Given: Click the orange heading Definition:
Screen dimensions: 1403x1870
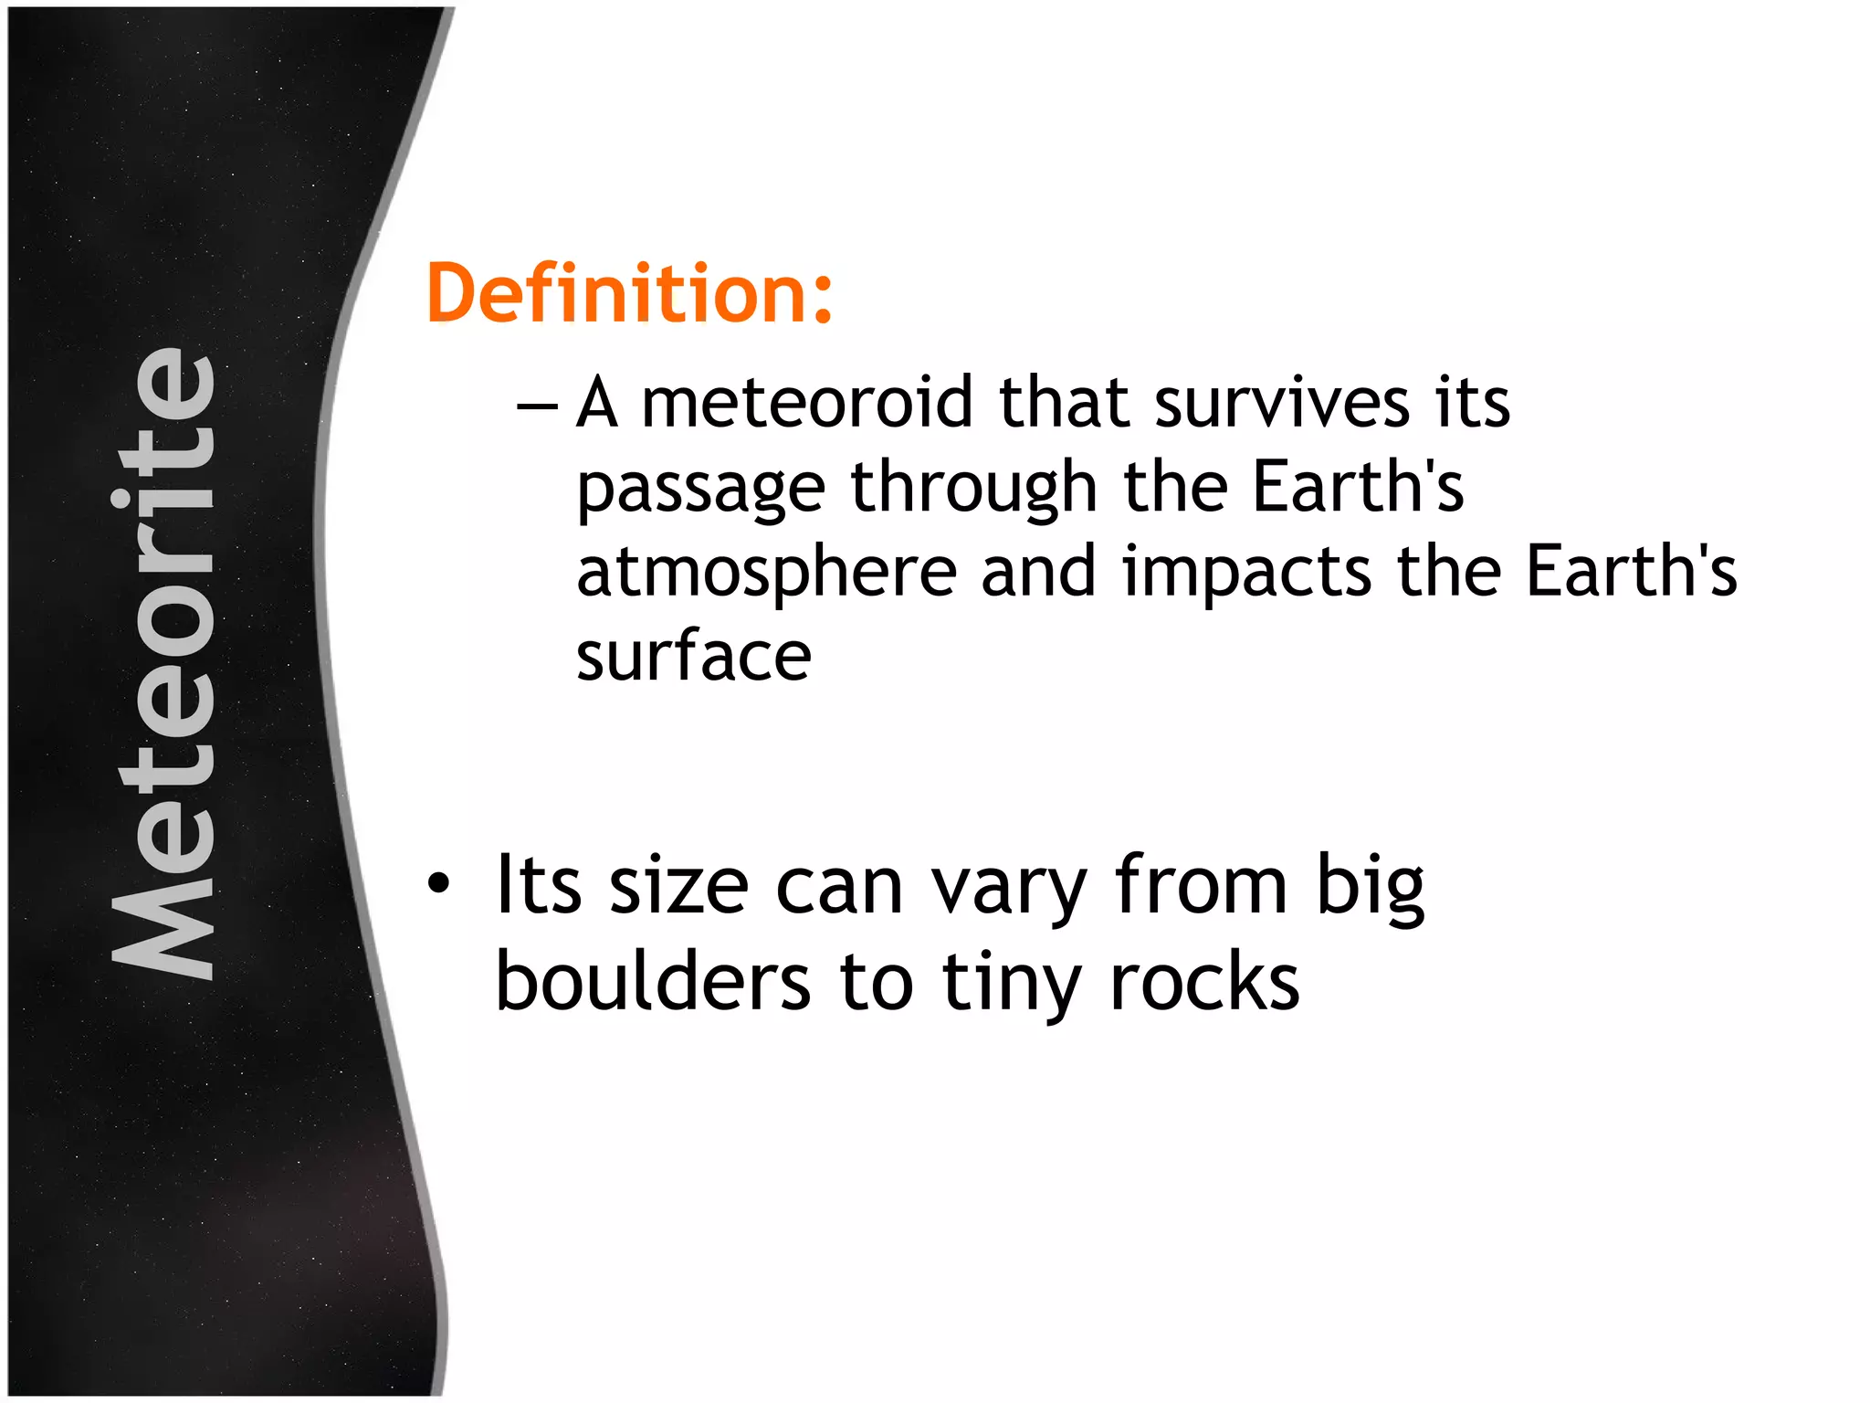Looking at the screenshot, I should (629, 293).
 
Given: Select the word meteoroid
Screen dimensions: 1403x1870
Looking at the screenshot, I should (807, 403).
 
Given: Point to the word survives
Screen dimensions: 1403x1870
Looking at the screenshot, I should (1281, 403).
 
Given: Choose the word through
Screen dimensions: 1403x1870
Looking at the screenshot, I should (973, 488).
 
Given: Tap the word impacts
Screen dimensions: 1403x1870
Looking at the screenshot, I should (1246, 573).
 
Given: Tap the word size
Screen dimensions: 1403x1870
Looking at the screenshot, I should (678, 886).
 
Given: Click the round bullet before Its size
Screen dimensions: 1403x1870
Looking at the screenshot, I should (439, 883).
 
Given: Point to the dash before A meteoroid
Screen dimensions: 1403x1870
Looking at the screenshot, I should (537, 405).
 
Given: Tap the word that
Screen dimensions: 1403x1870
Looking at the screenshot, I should (1064, 403).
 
